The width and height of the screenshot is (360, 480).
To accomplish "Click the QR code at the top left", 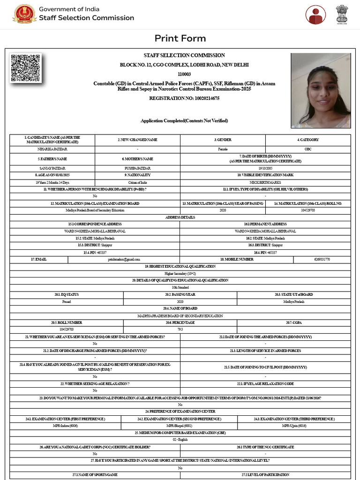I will click(26, 69).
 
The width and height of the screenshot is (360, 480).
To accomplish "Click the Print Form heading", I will click(180, 38).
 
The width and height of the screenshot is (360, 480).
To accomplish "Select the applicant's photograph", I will click(321, 90).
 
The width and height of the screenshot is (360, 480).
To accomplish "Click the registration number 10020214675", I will click(184, 98).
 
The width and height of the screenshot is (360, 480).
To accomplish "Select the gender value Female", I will click(223, 149).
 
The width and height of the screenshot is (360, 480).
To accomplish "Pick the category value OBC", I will click(307, 149).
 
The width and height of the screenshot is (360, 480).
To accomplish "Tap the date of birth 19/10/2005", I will click(265, 168).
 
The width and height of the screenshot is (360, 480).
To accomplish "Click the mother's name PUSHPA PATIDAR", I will click(137, 168).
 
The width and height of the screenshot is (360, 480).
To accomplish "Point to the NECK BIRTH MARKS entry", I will click(265, 182).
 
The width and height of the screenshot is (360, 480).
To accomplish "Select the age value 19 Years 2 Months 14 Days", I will click(52, 182).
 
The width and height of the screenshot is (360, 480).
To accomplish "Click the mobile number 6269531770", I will click(322, 259).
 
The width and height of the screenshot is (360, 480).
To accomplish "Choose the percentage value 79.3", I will click(180, 330).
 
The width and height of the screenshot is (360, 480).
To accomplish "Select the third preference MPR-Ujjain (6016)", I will click(294, 426).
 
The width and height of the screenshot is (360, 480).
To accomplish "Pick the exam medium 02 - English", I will click(180, 440).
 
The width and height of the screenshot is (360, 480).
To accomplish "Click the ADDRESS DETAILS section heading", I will click(180, 217).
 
